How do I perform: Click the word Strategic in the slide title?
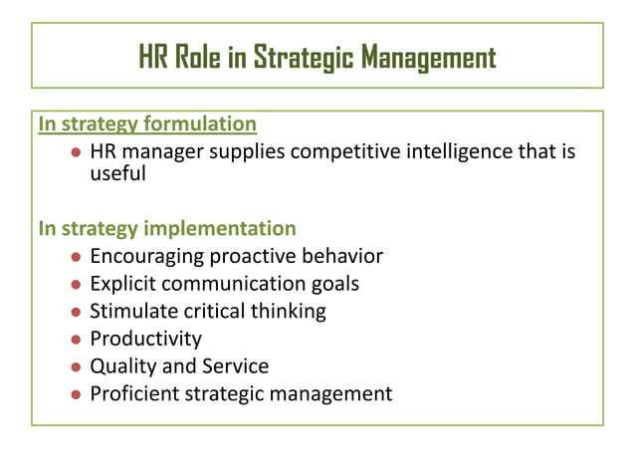click(302, 58)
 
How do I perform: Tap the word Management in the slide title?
click(428, 58)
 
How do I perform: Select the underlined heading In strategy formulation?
click(147, 124)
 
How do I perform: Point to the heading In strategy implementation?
click(167, 228)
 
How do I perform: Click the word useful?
click(117, 174)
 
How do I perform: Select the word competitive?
click(349, 152)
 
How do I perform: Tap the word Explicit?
click(123, 284)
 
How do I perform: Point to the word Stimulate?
click(131, 311)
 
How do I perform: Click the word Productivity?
click(145, 339)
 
